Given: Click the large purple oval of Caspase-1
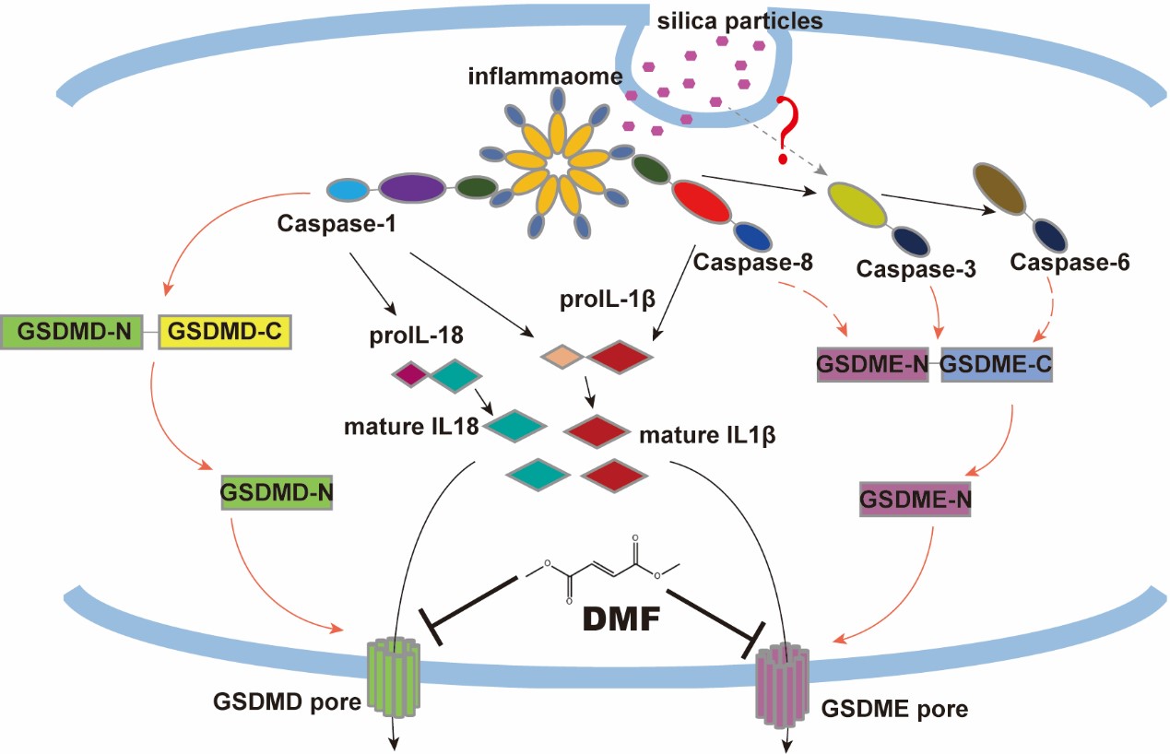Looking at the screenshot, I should tap(411, 188).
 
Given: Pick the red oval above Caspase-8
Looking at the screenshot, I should tap(702, 202).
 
